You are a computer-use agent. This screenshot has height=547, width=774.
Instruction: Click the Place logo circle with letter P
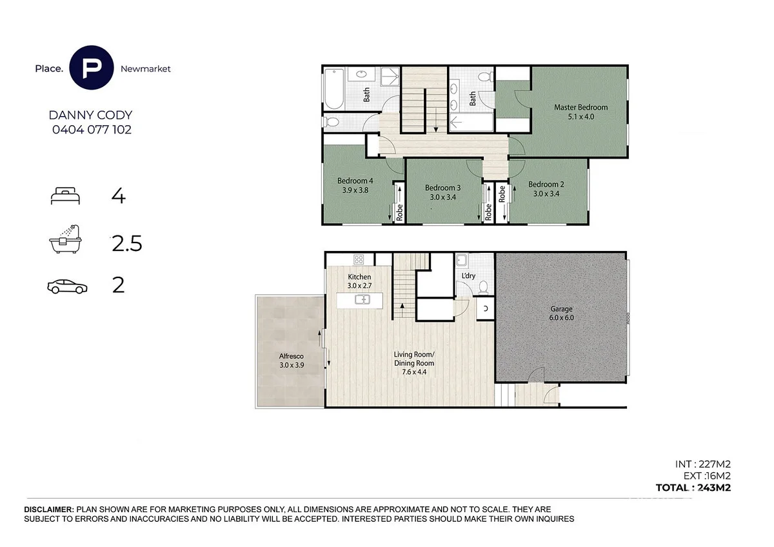point(91,68)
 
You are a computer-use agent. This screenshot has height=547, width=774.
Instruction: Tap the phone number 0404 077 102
point(92,130)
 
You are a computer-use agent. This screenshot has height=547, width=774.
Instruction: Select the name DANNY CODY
point(90,115)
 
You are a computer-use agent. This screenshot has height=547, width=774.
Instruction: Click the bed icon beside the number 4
point(65,196)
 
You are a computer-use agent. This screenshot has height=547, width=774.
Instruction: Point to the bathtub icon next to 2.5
point(65,239)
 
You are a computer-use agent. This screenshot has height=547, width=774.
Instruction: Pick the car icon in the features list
point(67,286)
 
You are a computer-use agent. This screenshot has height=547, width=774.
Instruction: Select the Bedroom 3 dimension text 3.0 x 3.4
point(442,197)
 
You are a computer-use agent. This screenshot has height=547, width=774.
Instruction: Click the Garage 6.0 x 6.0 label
point(562,313)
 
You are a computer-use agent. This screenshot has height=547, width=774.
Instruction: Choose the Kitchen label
point(359,277)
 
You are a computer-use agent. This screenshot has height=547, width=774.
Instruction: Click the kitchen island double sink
point(362,299)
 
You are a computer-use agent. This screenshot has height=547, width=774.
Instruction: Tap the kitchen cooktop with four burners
point(359,259)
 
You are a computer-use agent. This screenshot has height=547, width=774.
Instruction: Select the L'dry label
point(468,275)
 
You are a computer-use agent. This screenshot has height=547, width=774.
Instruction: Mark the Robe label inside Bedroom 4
point(399,212)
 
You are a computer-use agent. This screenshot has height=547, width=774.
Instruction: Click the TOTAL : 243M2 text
point(693,488)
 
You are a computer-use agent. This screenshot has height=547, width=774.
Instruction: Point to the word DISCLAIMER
point(49,510)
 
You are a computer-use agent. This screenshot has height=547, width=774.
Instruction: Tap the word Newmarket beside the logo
point(146,69)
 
